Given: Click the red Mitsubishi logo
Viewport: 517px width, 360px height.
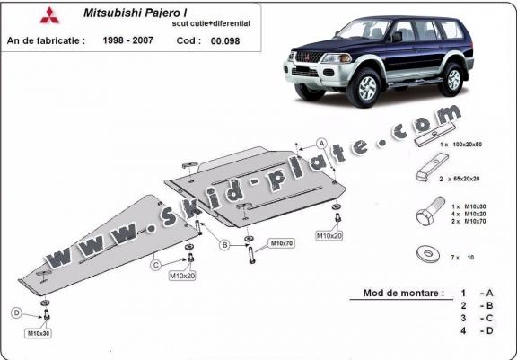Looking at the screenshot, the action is (49, 15).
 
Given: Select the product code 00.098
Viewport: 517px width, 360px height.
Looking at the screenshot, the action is (225, 41).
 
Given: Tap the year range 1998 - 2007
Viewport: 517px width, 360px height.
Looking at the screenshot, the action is (128, 40).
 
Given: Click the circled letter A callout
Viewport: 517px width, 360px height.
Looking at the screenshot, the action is (321, 144).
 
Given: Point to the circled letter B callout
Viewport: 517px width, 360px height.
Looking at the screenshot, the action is (225, 245).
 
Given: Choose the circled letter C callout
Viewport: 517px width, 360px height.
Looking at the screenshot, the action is (156, 265).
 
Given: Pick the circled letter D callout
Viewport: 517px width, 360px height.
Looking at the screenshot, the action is (16, 312).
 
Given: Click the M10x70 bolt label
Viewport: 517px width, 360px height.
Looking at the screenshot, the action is (281, 243).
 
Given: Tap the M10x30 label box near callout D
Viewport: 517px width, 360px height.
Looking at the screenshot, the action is (39, 333).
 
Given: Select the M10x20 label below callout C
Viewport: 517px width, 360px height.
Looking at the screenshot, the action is (182, 276).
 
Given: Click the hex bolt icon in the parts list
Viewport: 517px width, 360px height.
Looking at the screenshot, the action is (430, 211).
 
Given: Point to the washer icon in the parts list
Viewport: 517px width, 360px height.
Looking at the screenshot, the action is (427, 253).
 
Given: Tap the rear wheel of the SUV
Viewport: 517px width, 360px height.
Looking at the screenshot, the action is (453, 79).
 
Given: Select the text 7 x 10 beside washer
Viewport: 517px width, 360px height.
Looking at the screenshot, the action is (462, 258).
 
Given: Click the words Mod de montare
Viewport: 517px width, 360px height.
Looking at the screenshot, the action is (403, 293).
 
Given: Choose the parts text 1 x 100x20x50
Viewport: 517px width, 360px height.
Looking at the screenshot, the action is (460, 145).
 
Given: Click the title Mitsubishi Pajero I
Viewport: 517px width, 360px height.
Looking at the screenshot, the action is (136, 13).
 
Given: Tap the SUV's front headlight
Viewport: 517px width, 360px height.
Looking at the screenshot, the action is (336, 58).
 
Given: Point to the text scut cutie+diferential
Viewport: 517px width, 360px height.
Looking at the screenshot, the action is (211, 23).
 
